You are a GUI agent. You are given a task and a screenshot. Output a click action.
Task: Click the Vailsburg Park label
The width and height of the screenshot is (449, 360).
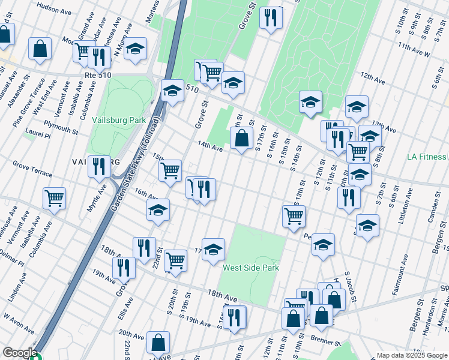pos(119,120)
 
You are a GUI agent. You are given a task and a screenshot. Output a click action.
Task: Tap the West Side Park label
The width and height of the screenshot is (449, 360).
pos(251,268)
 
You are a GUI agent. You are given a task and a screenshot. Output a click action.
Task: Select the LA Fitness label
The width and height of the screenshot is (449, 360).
pos(427,157)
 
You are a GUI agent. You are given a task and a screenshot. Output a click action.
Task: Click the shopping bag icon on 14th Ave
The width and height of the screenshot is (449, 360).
pos(241,139)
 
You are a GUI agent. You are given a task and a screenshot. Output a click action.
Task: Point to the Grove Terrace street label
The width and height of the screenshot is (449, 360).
pos(32,167)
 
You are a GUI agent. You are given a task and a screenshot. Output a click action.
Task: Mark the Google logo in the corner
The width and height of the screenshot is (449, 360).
pos(19,353)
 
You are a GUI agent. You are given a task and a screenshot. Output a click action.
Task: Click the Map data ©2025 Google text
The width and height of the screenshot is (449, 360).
pos(411,355)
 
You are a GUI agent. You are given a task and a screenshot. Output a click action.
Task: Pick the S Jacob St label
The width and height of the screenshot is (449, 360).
pos(349,288)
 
